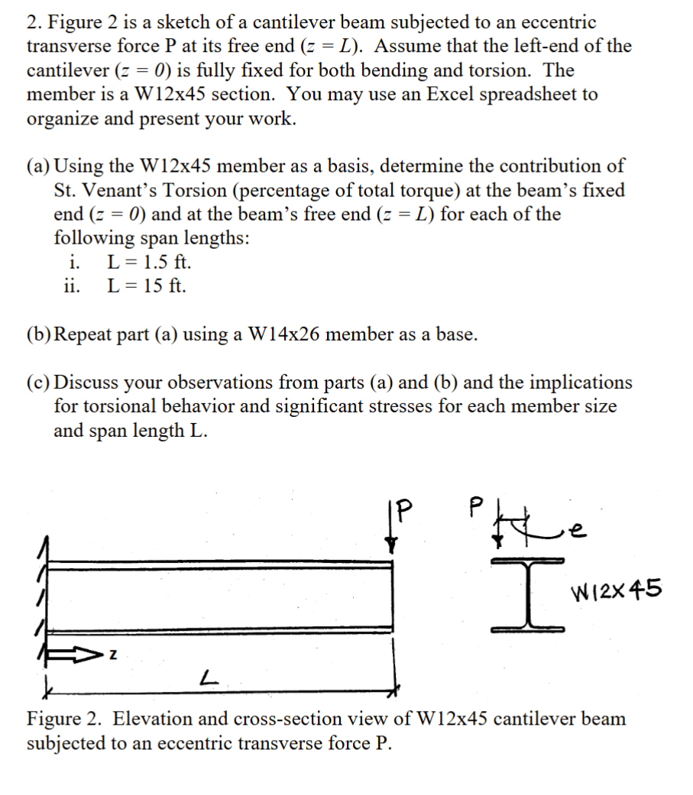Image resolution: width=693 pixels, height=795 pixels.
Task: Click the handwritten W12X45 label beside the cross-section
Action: coord(617,590)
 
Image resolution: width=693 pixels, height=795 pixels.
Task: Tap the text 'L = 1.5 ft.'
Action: coord(149,263)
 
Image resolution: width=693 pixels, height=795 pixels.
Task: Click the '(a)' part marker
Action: coord(40,166)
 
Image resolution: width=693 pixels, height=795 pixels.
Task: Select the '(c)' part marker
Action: coord(40,383)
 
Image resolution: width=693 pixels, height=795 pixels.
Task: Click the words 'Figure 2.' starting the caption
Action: coord(64,719)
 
